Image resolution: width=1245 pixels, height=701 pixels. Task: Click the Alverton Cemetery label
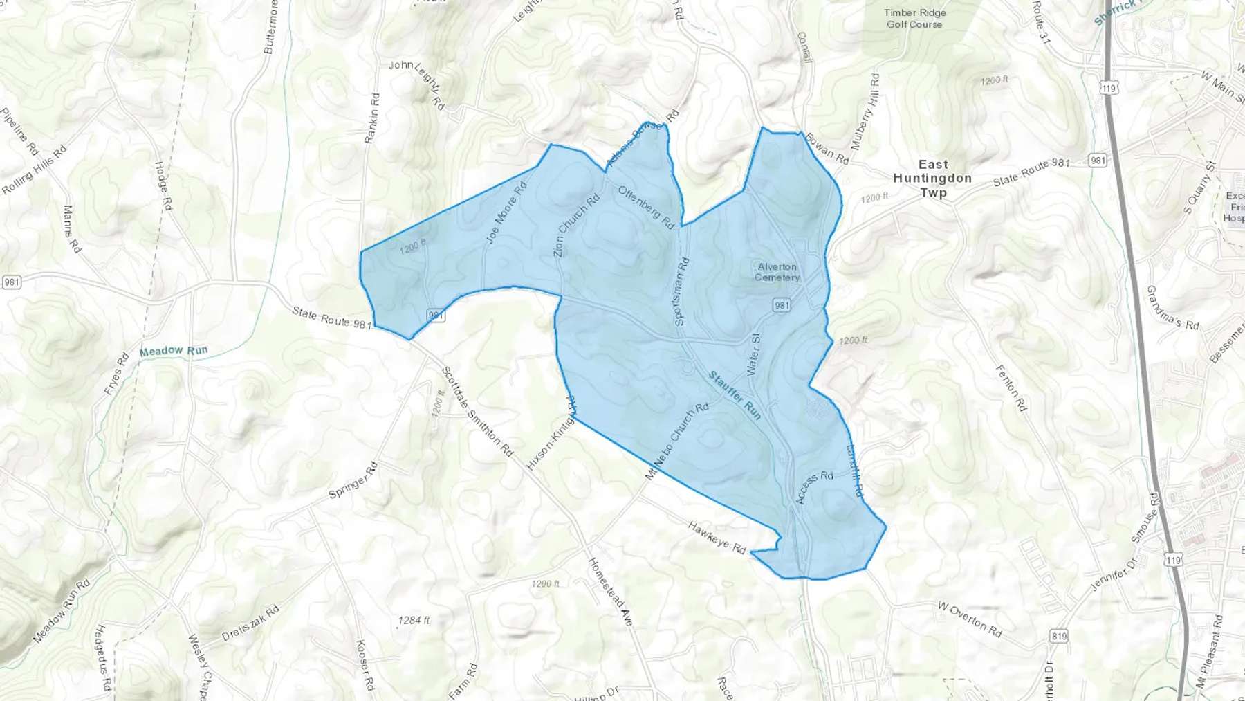(777, 272)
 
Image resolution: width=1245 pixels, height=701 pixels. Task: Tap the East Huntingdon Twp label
(932, 179)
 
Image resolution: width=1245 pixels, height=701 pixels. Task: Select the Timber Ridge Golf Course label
(914, 19)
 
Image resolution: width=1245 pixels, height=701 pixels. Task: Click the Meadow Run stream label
(173, 351)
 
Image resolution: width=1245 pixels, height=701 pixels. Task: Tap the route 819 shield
(1058, 636)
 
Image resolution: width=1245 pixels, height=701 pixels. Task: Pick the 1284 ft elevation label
(414, 620)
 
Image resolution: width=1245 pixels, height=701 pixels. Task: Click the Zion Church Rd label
(576, 226)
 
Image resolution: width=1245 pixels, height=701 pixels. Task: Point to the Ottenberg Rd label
(646, 207)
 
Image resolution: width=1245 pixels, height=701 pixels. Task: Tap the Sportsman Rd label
(681, 291)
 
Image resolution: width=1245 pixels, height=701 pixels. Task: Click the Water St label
(754, 354)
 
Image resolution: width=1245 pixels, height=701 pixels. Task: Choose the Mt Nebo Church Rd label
(677, 441)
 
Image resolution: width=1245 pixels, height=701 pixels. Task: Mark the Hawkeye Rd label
(717, 537)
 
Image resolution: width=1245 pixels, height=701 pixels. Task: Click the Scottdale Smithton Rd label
(477, 412)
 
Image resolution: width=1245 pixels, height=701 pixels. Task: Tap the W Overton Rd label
(970, 619)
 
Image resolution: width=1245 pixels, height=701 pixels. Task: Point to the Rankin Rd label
(372, 118)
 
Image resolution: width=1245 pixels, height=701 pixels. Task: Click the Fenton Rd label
(1011, 388)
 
